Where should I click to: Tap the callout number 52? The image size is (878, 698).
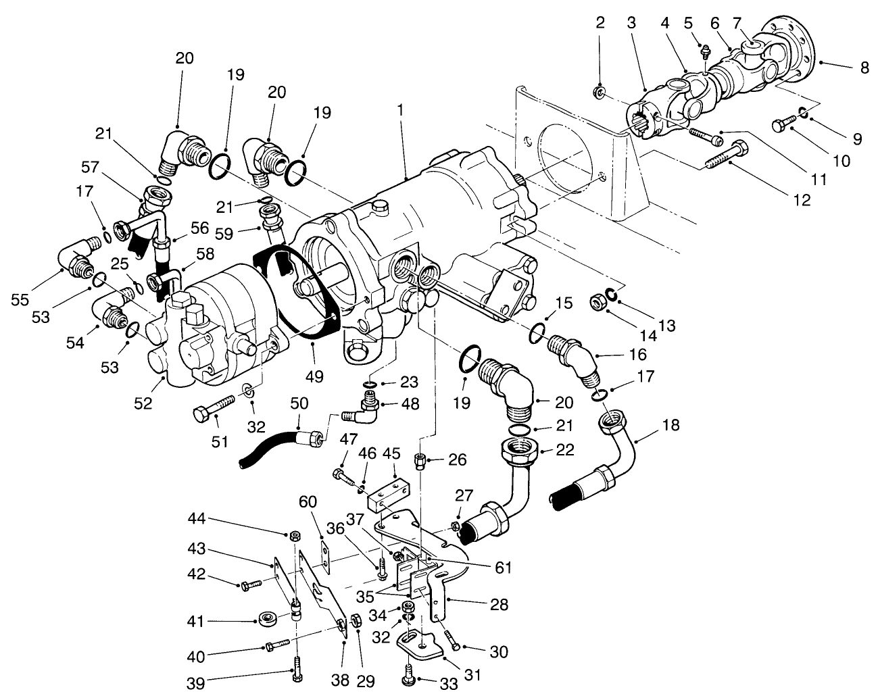[143, 403]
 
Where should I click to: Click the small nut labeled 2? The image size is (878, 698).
[597, 92]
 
